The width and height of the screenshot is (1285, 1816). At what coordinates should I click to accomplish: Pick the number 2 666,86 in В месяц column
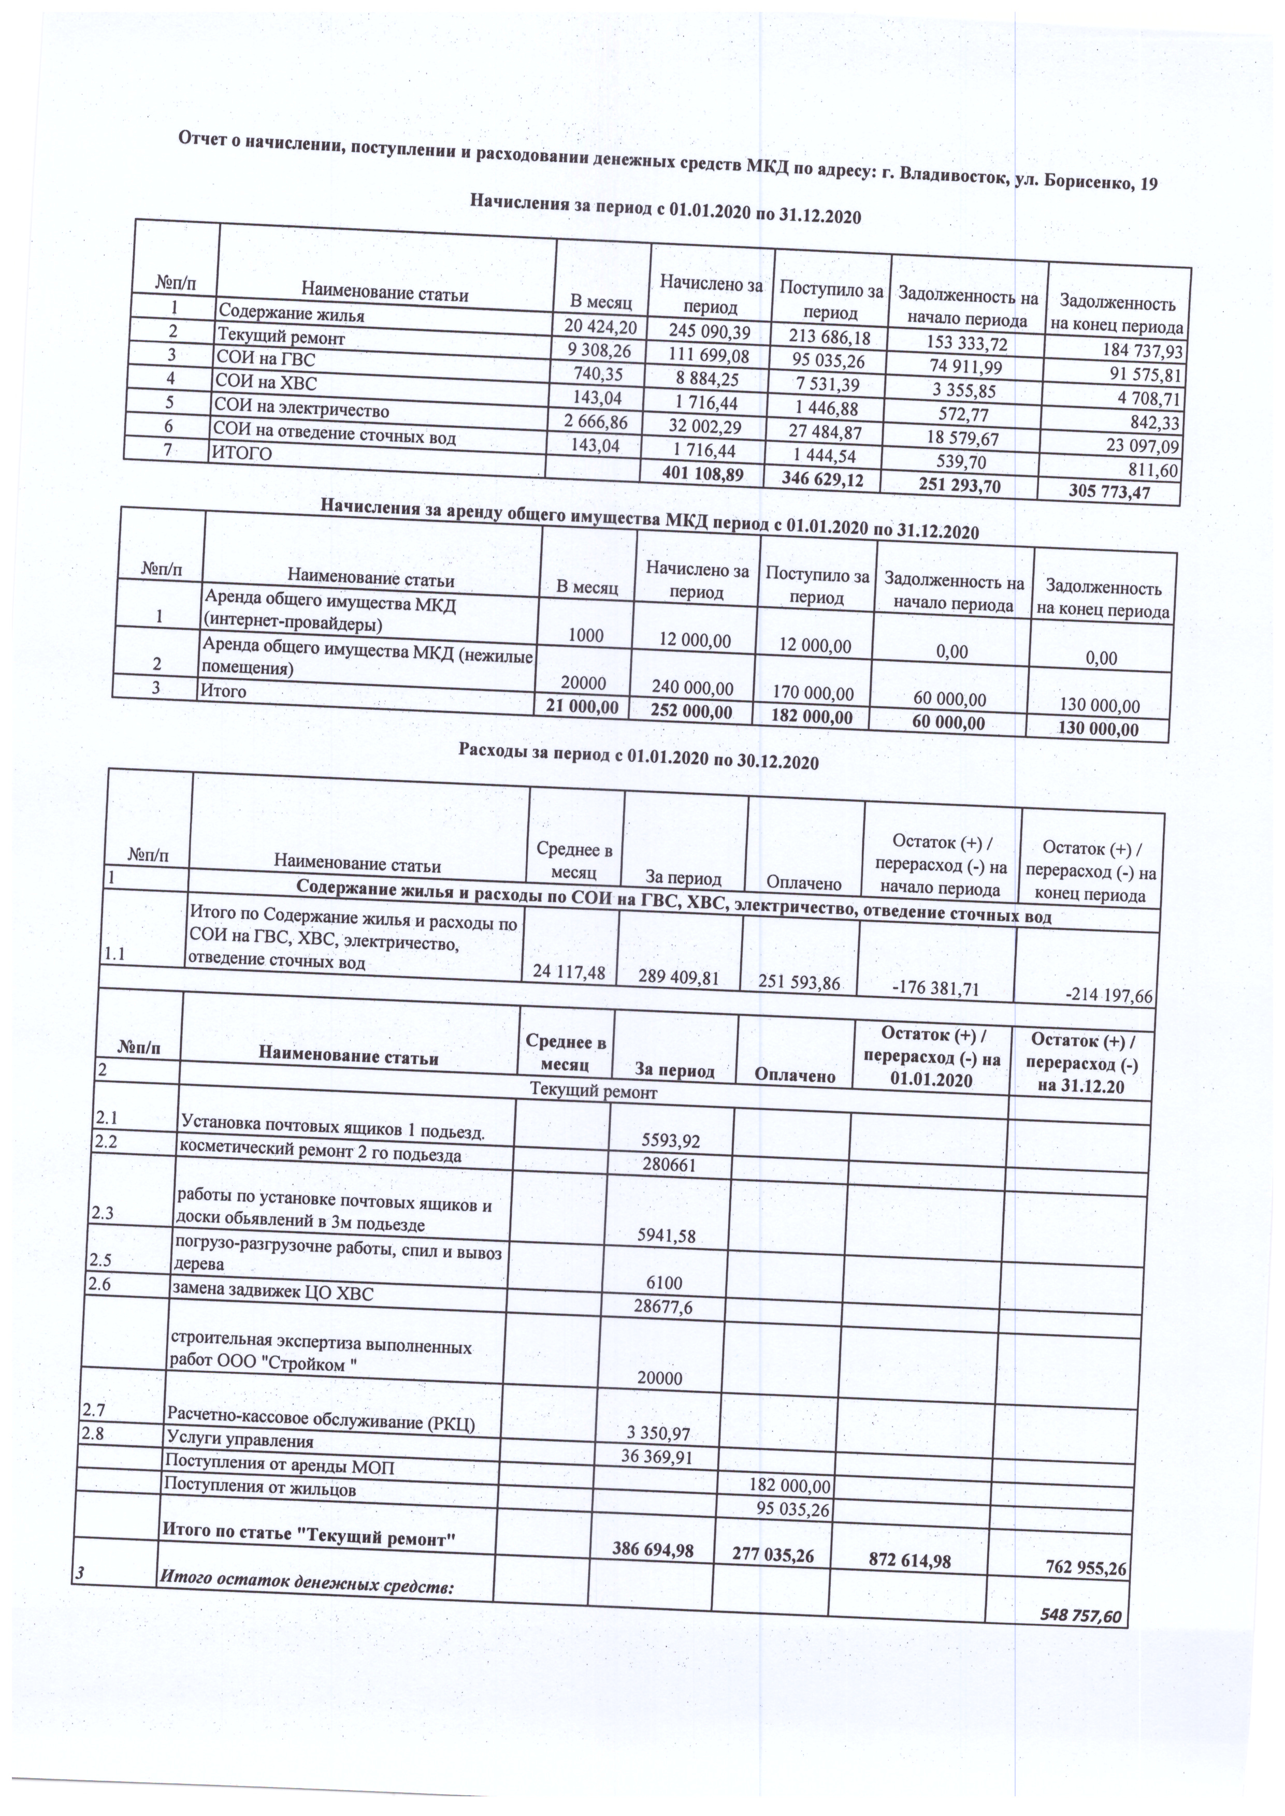pyautogui.click(x=595, y=421)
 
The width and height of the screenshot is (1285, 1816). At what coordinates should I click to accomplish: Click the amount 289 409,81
pyautogui.click(x=681, y=978)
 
